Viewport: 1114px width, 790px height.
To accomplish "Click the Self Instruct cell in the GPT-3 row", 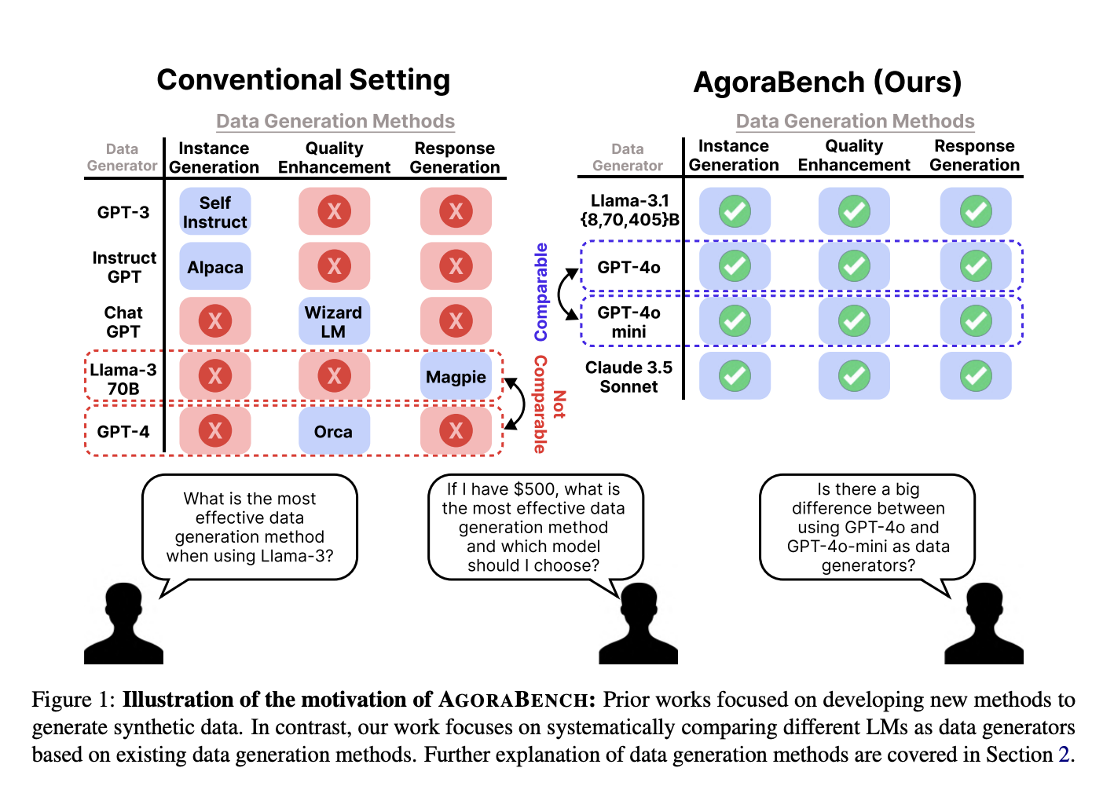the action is [214, 211].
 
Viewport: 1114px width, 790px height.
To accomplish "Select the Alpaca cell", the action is [214, 266].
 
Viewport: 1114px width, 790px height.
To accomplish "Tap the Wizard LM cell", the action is [334, 321].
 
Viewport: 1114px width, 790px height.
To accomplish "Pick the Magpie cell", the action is [456, 376].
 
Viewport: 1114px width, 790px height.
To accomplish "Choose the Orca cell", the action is [334, 431].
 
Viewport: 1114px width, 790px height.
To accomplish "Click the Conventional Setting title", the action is [303, 79].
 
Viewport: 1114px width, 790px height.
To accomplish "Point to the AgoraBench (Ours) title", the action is [827, 82].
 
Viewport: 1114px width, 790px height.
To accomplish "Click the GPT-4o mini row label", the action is [628, 322].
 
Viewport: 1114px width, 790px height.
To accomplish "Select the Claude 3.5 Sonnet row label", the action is [628, 376].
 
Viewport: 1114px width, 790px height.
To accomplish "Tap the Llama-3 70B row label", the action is [123, 379].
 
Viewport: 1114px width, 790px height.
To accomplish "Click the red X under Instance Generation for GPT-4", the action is [214, 431].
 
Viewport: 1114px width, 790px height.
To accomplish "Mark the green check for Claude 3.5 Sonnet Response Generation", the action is [976, 376].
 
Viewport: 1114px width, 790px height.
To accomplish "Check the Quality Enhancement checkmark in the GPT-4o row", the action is [854, 266].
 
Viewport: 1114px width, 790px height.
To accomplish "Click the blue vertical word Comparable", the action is [541, 292].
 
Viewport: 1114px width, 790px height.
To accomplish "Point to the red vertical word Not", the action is [559, 404].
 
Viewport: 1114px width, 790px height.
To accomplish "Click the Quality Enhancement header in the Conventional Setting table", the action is [334, 158].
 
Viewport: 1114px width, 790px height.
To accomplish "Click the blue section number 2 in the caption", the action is [1064, 754].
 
